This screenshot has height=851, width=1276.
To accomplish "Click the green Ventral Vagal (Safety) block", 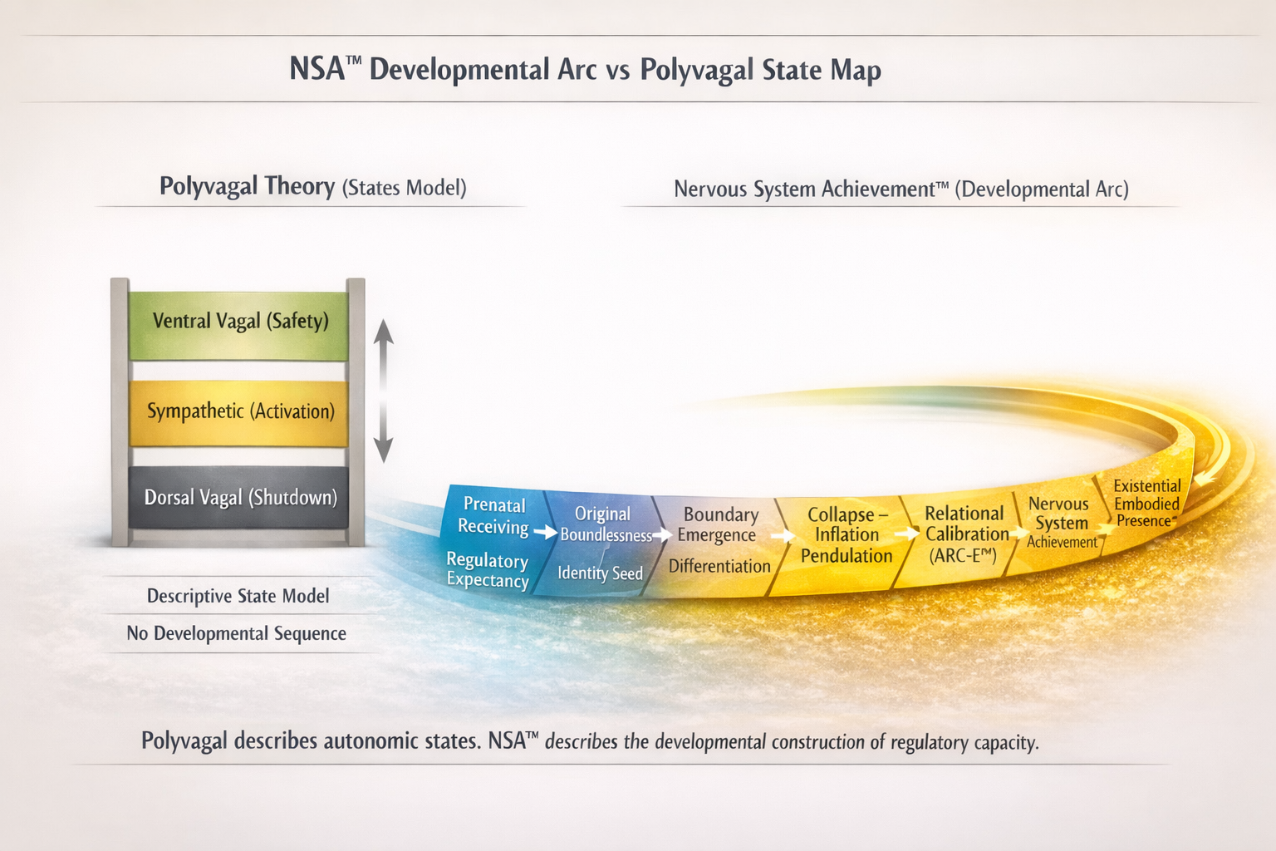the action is pos(238,326).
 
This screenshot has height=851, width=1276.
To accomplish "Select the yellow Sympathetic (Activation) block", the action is pos(238,413).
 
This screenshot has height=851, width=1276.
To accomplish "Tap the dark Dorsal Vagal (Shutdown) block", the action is pos(238,498).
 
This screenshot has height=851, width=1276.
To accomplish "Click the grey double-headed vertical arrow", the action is pos(383,391).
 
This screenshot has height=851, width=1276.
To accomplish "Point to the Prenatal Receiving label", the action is pos(494,515).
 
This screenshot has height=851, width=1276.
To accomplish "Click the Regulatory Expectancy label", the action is pos(488,569).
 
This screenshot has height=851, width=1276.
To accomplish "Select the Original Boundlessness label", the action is pos(606,524).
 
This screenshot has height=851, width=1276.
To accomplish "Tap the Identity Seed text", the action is pos(600,573).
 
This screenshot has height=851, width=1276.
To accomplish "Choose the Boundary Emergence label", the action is pos(718,524).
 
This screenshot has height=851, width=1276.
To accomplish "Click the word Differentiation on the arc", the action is pos(719,566).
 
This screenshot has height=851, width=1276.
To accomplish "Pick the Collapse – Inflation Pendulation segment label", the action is pos(847,534).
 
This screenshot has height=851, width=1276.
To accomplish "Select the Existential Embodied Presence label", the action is pos(1146,504).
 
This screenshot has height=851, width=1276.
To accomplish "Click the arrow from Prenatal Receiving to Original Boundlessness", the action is pos(546,533).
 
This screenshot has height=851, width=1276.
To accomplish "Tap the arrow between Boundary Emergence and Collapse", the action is pos(783,536).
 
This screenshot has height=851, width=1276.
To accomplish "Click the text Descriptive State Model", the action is pos(238,596).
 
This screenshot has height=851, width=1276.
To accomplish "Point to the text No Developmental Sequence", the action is pos(237,633).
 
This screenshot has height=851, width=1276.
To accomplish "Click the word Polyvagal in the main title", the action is pos(695,71).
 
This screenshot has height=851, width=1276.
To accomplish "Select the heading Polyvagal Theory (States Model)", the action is pos(312,187).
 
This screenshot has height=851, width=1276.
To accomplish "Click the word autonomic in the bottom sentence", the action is pos(375,741).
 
